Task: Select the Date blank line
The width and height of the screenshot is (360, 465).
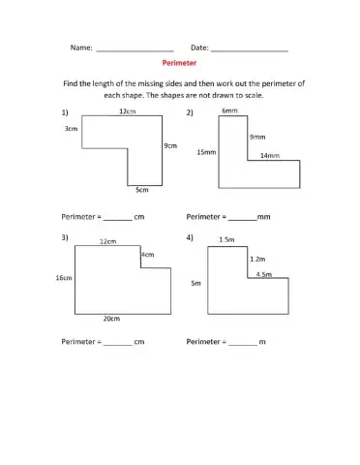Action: (249, 48)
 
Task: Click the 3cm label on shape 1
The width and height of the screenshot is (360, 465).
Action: (71, 129)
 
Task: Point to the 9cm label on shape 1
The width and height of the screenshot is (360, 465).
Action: (169, 145)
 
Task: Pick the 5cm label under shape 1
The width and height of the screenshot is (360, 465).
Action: (141, 190)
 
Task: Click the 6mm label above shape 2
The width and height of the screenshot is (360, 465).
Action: (229, 111)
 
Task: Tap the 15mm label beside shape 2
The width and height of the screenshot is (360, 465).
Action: (206, 152)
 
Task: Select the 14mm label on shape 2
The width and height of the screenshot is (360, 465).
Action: (270, 155)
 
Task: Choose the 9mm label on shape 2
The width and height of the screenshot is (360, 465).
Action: (257, 137)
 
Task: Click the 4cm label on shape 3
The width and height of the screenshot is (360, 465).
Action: (148, 255)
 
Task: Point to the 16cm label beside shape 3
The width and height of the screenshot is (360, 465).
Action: (64, 278)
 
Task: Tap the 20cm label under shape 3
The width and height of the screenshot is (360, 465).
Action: (111, 317)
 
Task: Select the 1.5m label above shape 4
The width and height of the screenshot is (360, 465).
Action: (227, 239)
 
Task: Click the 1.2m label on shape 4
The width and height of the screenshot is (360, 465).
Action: (257, 259)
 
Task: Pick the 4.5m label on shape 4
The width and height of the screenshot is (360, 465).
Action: (264, 275)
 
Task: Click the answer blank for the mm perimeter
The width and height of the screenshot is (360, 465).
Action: (242, 217)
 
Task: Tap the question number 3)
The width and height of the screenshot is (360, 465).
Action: (65, 237)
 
